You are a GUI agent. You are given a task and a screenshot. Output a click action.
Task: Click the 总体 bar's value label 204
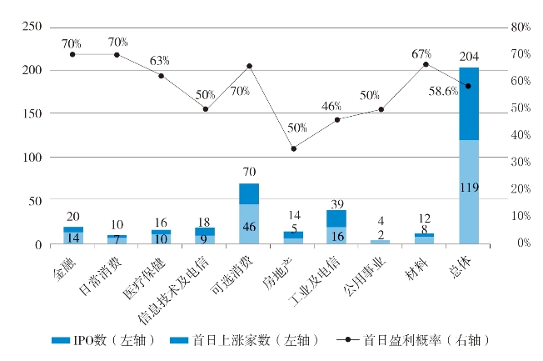point(468,58)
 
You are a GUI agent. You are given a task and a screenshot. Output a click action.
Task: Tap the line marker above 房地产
point(293,148)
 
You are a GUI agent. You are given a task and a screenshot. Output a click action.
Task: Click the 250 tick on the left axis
point(32,28)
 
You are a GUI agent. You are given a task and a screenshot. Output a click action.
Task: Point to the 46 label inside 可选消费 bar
point(249,225)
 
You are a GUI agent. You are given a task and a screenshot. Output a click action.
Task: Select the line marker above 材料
point(426,64)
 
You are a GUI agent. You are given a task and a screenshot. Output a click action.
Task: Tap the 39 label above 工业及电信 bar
point(337,203)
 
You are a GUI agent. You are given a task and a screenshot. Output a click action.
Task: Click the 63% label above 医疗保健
point(159,61)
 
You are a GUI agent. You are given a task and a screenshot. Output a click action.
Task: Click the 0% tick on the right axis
point(521,243)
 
